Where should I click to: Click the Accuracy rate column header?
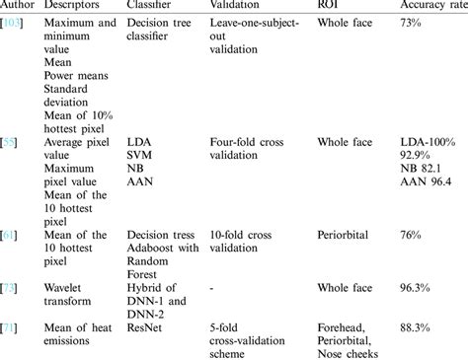pyautogui.click(x=434, y=5)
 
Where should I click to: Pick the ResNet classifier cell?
pyautogui.click(x=146, y=324)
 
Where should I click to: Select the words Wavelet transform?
pyautogui.click(x=71, y=297)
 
